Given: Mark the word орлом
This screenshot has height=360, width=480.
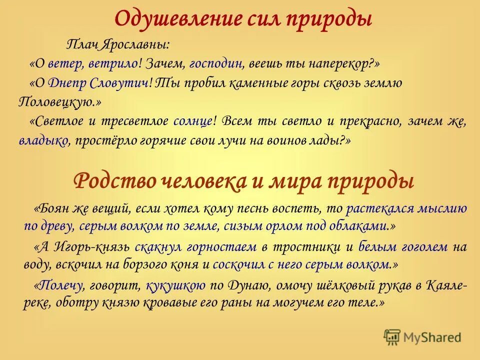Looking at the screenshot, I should coord(295,225).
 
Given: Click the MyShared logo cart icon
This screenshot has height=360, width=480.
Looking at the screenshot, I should coord(393,337).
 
